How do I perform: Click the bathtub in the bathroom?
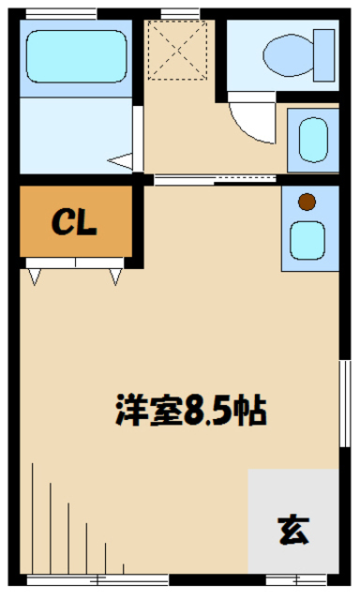[74, 56]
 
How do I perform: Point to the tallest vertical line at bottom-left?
[34, 516]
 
